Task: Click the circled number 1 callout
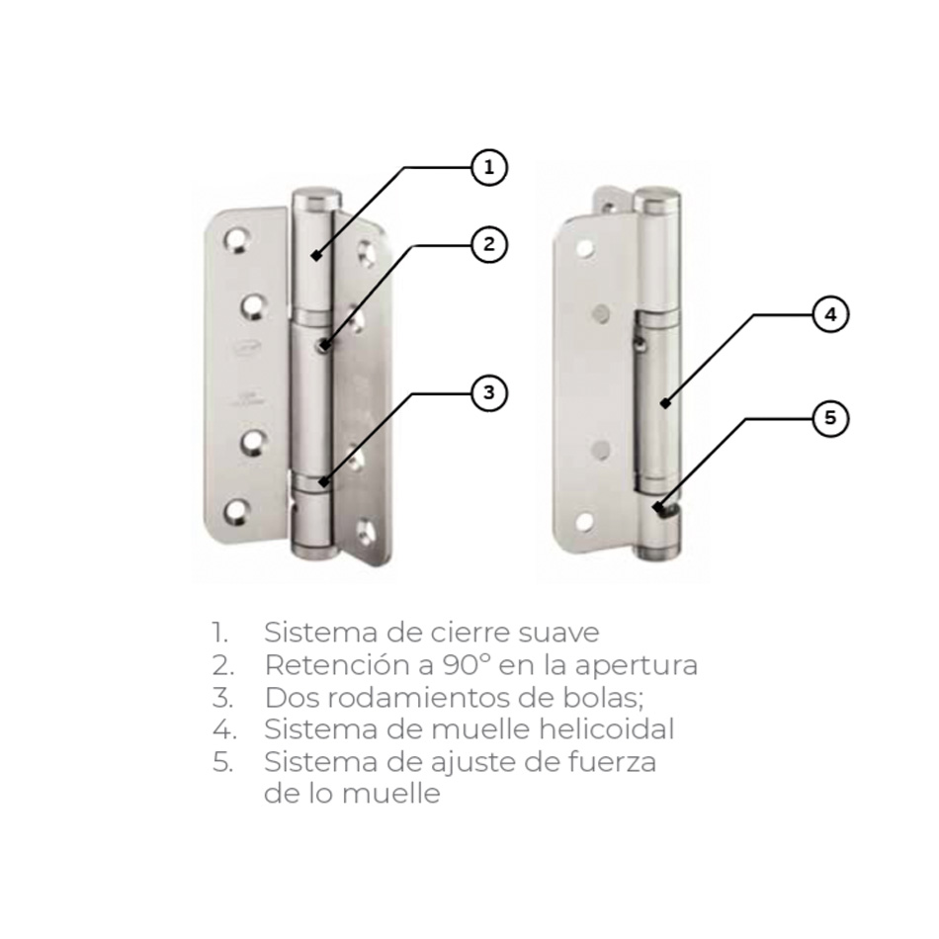pos(489,167)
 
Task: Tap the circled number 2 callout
pos(489,244)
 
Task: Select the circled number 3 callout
pos(489,392)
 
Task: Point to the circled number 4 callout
pos(830,314)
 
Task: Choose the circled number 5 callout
pos(830,417)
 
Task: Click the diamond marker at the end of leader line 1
pos(316,256)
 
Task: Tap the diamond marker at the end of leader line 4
pos(665,403)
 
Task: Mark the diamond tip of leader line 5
pos(658,507)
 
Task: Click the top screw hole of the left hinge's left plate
pos(236,240)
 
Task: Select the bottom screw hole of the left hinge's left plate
pos(236,511)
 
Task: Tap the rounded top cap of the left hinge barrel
pos(317,199)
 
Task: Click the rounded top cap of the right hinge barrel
pos(657,200)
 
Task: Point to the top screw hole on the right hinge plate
pos(584,247)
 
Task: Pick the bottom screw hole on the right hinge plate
pos(584,522)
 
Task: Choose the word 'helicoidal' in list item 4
pos(607,729)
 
